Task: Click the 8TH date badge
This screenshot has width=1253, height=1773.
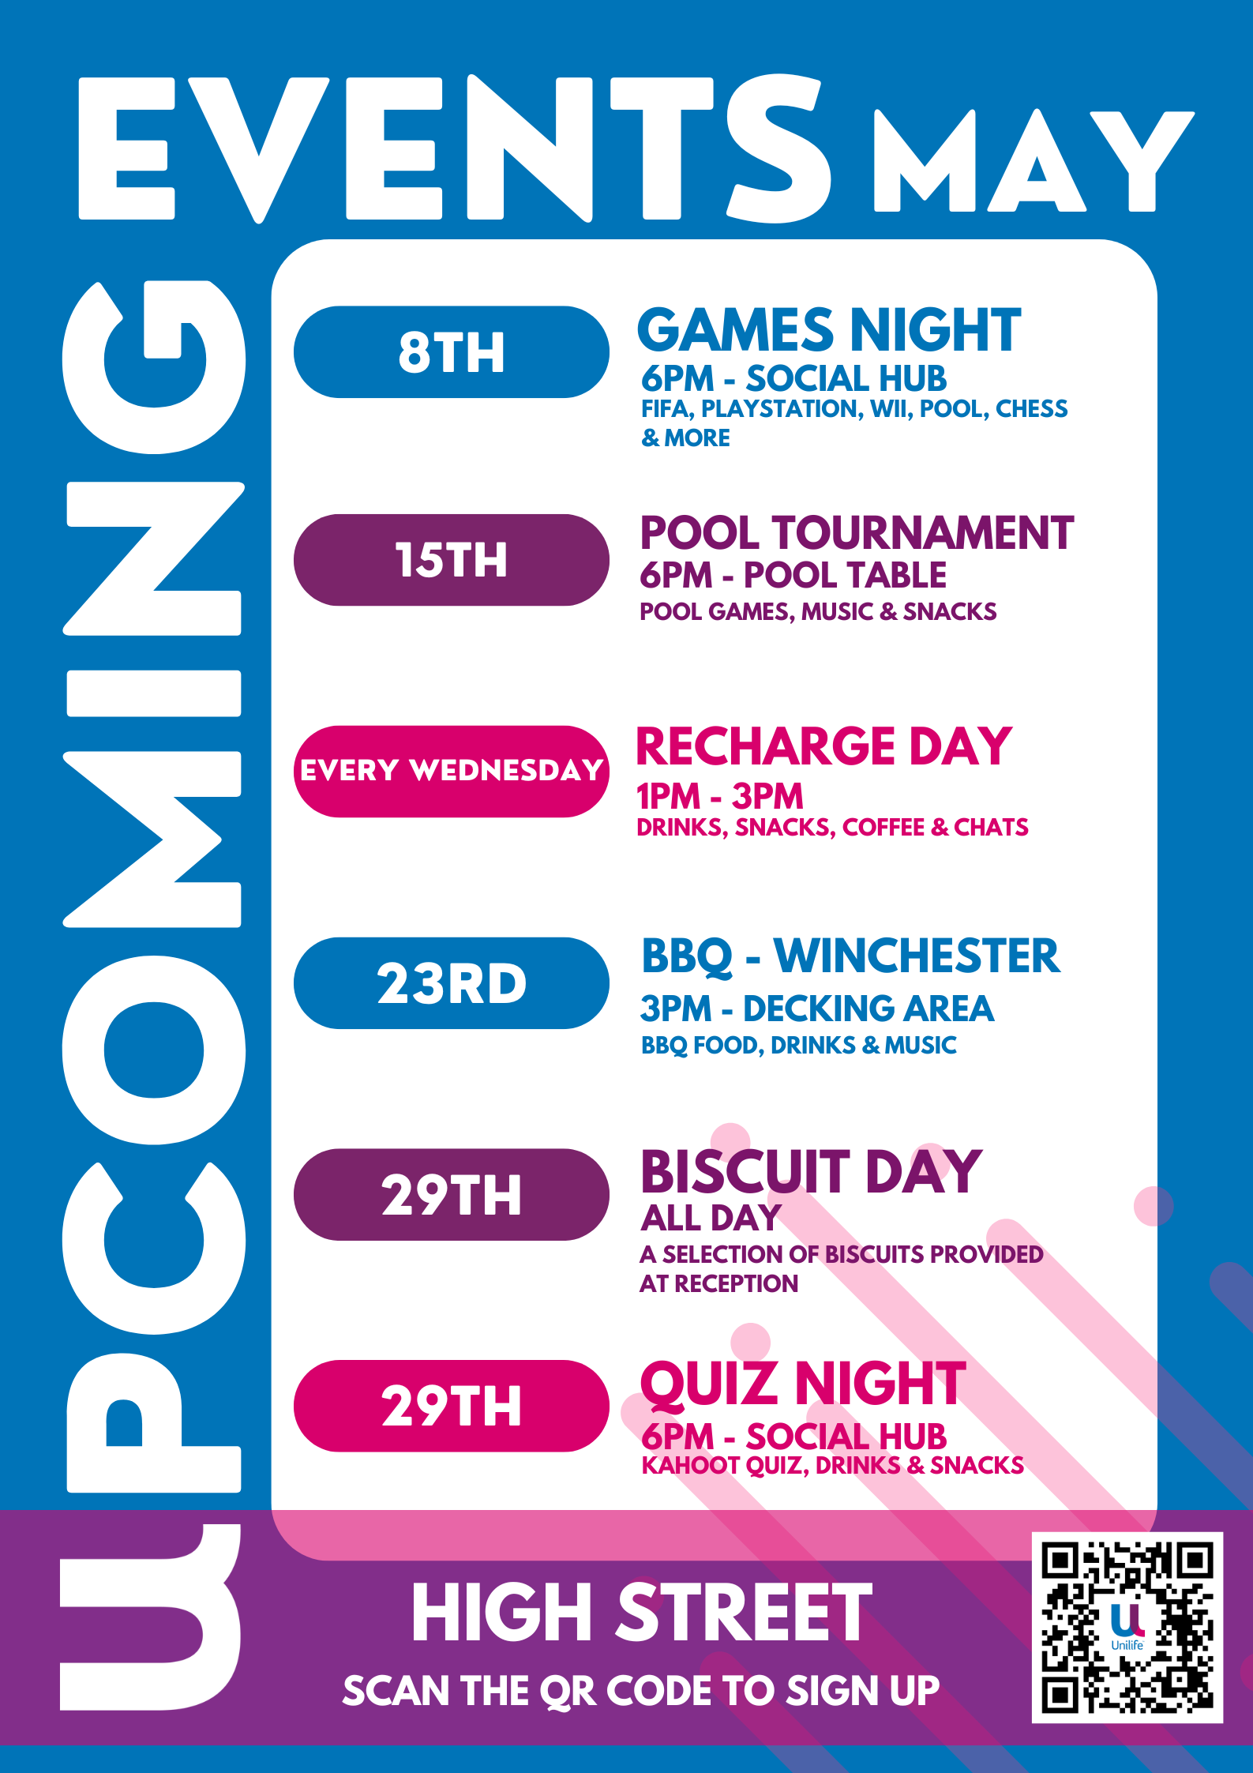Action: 451,352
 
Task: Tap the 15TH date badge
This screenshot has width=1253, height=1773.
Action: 451,560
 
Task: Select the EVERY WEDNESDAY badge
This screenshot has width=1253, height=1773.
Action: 451,771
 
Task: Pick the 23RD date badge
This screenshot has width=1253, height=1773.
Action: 451,983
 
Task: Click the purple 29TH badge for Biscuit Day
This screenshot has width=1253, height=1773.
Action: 451,1195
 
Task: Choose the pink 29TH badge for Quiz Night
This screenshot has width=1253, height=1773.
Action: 451,1406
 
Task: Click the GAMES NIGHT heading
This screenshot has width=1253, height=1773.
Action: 829,330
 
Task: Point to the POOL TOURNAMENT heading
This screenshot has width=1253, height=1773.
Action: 857,533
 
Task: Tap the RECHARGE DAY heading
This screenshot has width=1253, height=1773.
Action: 823,746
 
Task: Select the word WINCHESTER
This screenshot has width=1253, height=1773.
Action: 917,956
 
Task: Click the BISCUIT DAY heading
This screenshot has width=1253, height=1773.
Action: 812,1172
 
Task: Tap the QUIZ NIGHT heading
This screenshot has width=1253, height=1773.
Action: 804,1384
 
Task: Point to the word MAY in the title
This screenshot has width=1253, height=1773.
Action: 1033,161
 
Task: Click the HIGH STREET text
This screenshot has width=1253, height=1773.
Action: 642,1613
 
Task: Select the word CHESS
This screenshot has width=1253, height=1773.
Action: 1031,408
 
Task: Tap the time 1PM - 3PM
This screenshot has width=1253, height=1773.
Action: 720,796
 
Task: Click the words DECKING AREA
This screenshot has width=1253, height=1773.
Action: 868,1009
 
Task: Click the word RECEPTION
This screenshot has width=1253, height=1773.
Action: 736,1283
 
